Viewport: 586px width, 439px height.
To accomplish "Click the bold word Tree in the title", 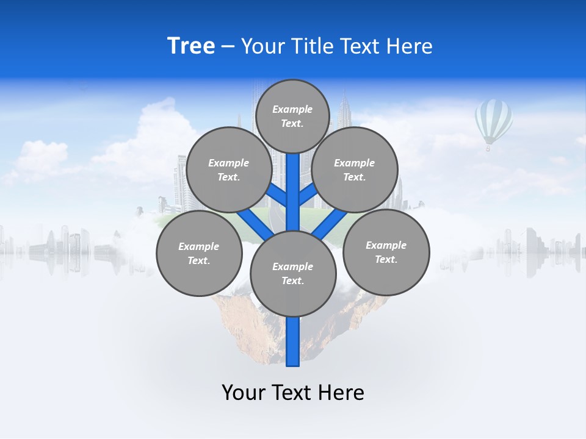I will [191, 46].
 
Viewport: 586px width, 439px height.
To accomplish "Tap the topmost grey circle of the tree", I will [292, 116].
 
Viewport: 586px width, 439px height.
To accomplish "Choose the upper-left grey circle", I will [228, 170].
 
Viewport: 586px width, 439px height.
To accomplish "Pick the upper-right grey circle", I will [355, 170].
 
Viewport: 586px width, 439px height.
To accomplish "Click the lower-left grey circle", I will [199, 253].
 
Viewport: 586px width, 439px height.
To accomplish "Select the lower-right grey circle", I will [386, 252].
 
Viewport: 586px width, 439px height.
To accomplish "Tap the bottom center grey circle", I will [293, 274].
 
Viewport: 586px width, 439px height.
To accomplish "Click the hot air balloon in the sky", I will [493, 121].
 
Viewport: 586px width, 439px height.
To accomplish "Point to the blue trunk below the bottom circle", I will [293, 341].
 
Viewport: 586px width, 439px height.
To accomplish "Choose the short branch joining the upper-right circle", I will [308, 194].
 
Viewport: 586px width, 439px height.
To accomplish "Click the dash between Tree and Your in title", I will [228, 47].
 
